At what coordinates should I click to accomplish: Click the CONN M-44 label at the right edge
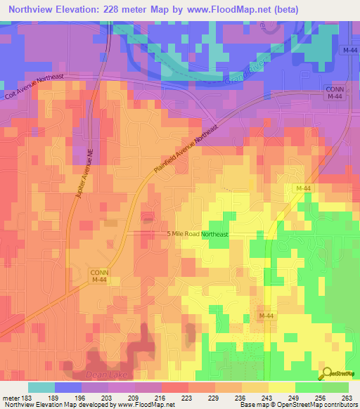tap(334, 93)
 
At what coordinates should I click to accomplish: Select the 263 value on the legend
tap(345, 398)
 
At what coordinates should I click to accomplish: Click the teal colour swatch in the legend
tap(41, 387)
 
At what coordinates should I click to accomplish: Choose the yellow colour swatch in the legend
tap(282, 387)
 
